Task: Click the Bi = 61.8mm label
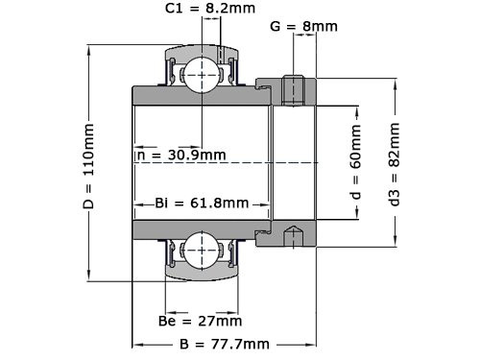(201, 203)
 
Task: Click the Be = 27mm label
(200, 321)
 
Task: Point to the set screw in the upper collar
(296, 88)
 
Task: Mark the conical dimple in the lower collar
(296, 234)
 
